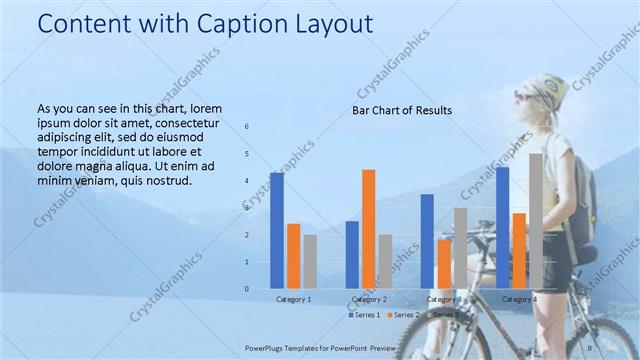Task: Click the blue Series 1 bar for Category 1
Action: coord(277,231)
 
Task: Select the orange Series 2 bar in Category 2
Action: coord(368,229)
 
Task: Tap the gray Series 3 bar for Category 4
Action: coord(536,221)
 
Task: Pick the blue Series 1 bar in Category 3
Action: coord(427,241)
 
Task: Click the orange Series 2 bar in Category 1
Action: coord(293,256)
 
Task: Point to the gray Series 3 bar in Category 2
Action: coord(385,261)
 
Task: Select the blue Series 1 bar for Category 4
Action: coord(502,228)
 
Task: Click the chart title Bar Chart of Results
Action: coord(402,110)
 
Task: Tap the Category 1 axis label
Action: coord(294,299)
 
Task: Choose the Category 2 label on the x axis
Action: coord(369,299)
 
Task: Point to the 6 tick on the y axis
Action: coord(248,127)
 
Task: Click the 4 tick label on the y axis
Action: coord(248,181)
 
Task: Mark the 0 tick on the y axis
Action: coord(248,289)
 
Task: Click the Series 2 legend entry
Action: coord(402,315)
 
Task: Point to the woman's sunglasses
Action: coord(526,96)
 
